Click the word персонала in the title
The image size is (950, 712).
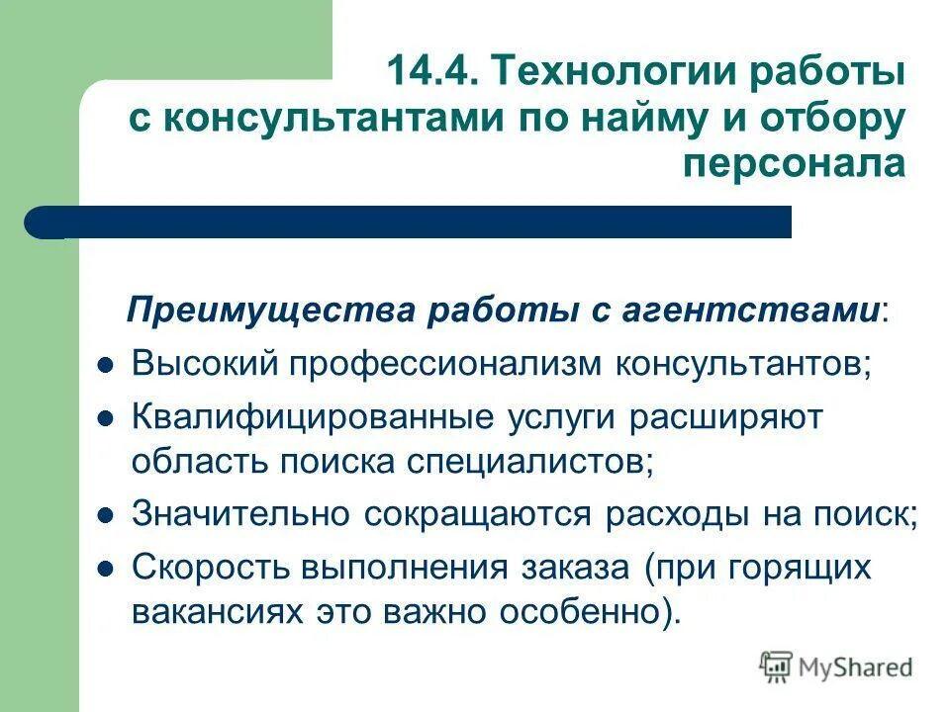coord(807,163)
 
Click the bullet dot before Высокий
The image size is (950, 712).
coord(108,365)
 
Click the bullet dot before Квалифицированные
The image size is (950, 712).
coord(108,417)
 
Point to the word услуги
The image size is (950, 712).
coord(557,416)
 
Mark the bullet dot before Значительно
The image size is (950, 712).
coord(108,517)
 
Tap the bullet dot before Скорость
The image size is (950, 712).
coord(108,570)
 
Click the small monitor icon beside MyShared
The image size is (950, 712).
coord(777,667)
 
